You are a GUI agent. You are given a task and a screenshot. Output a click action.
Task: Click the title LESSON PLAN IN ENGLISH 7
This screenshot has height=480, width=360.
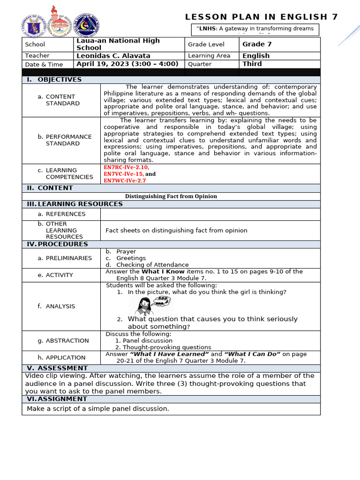[262, 17]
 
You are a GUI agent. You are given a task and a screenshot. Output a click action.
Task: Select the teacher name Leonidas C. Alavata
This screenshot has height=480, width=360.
[113, 55]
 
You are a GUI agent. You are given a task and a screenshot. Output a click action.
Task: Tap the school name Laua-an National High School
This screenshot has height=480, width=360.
[118, 44]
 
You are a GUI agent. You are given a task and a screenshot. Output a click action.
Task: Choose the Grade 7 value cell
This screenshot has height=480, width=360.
[257, 44]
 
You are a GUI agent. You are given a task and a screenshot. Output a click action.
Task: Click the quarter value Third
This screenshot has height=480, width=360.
[252, 64]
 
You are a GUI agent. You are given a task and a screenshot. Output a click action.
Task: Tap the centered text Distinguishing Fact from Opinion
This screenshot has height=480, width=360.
[171, 196]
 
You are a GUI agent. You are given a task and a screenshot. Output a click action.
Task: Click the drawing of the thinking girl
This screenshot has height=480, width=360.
[145, 306]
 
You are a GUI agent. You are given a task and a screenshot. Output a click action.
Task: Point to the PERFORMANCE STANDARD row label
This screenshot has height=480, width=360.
[68, 140]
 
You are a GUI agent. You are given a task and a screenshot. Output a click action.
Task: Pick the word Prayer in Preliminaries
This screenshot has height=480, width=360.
[126, 252]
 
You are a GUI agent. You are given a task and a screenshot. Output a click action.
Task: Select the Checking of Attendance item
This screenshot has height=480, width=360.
[152, 265]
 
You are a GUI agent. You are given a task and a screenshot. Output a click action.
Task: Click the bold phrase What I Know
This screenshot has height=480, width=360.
[163, 271]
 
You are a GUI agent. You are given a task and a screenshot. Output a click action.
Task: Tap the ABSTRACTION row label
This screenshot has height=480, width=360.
[67, 341]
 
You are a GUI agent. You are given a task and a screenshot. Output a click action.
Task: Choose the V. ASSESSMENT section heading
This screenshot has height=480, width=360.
[57, 368]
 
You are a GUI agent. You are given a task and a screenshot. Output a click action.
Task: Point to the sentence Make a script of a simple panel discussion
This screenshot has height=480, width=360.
[97, 409]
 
